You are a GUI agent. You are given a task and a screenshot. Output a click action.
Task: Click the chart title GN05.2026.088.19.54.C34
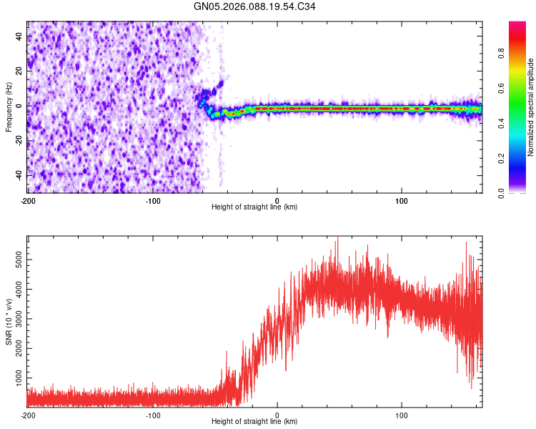coord(254,6)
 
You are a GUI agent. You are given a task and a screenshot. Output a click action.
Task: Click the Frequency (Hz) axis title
coord(8,106)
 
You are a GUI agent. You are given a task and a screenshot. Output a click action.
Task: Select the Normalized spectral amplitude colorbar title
coord(531,107)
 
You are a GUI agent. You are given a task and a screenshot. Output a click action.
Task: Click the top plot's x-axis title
coord(254,207)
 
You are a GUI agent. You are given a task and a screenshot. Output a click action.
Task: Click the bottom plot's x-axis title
coord(254,421)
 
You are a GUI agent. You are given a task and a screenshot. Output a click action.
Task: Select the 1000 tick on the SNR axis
coord(14,376)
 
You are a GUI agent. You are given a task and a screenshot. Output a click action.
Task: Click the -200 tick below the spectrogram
coord(27,200)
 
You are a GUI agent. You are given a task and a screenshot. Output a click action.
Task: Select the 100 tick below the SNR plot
coord(402,415)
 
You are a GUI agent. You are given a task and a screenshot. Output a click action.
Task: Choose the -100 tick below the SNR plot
coord(152,415)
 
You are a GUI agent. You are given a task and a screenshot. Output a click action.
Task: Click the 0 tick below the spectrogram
coord(277,200)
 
